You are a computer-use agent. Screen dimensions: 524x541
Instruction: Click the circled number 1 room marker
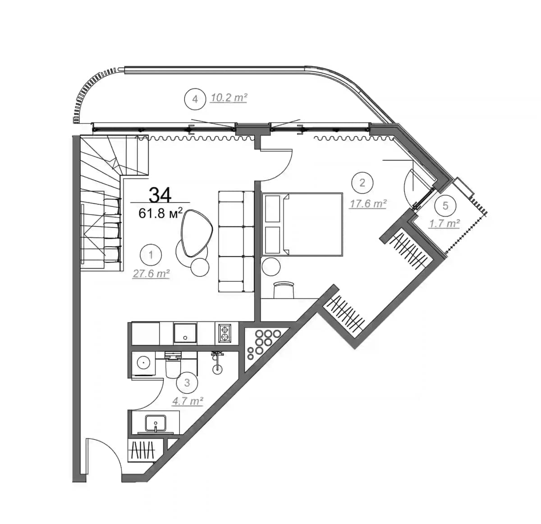point(151,255)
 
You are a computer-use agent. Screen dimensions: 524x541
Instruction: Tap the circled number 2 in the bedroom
point(362,183)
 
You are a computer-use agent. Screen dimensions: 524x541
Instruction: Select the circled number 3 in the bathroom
point(188,383)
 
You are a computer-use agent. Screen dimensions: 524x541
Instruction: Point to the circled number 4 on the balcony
point(195,99)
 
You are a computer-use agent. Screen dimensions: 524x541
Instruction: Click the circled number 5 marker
point(445,206)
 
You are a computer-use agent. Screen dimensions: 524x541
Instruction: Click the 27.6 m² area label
point(151,273)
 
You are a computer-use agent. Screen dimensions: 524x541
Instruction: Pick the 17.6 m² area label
point(368,204)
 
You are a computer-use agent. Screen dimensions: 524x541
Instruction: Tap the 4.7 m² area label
point(188,401)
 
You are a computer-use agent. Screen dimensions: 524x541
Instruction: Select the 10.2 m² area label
point(229,97)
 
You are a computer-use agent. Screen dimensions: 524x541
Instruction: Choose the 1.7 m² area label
point(445,223)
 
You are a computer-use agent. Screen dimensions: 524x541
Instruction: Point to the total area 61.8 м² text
point(160,212)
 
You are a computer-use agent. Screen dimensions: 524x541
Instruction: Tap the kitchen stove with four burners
point(224,334)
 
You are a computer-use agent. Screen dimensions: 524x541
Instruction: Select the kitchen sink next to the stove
point(185,334)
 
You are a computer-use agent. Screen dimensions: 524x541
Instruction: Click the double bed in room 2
point(302,225)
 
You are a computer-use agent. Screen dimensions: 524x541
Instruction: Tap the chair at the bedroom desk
point(284,290)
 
